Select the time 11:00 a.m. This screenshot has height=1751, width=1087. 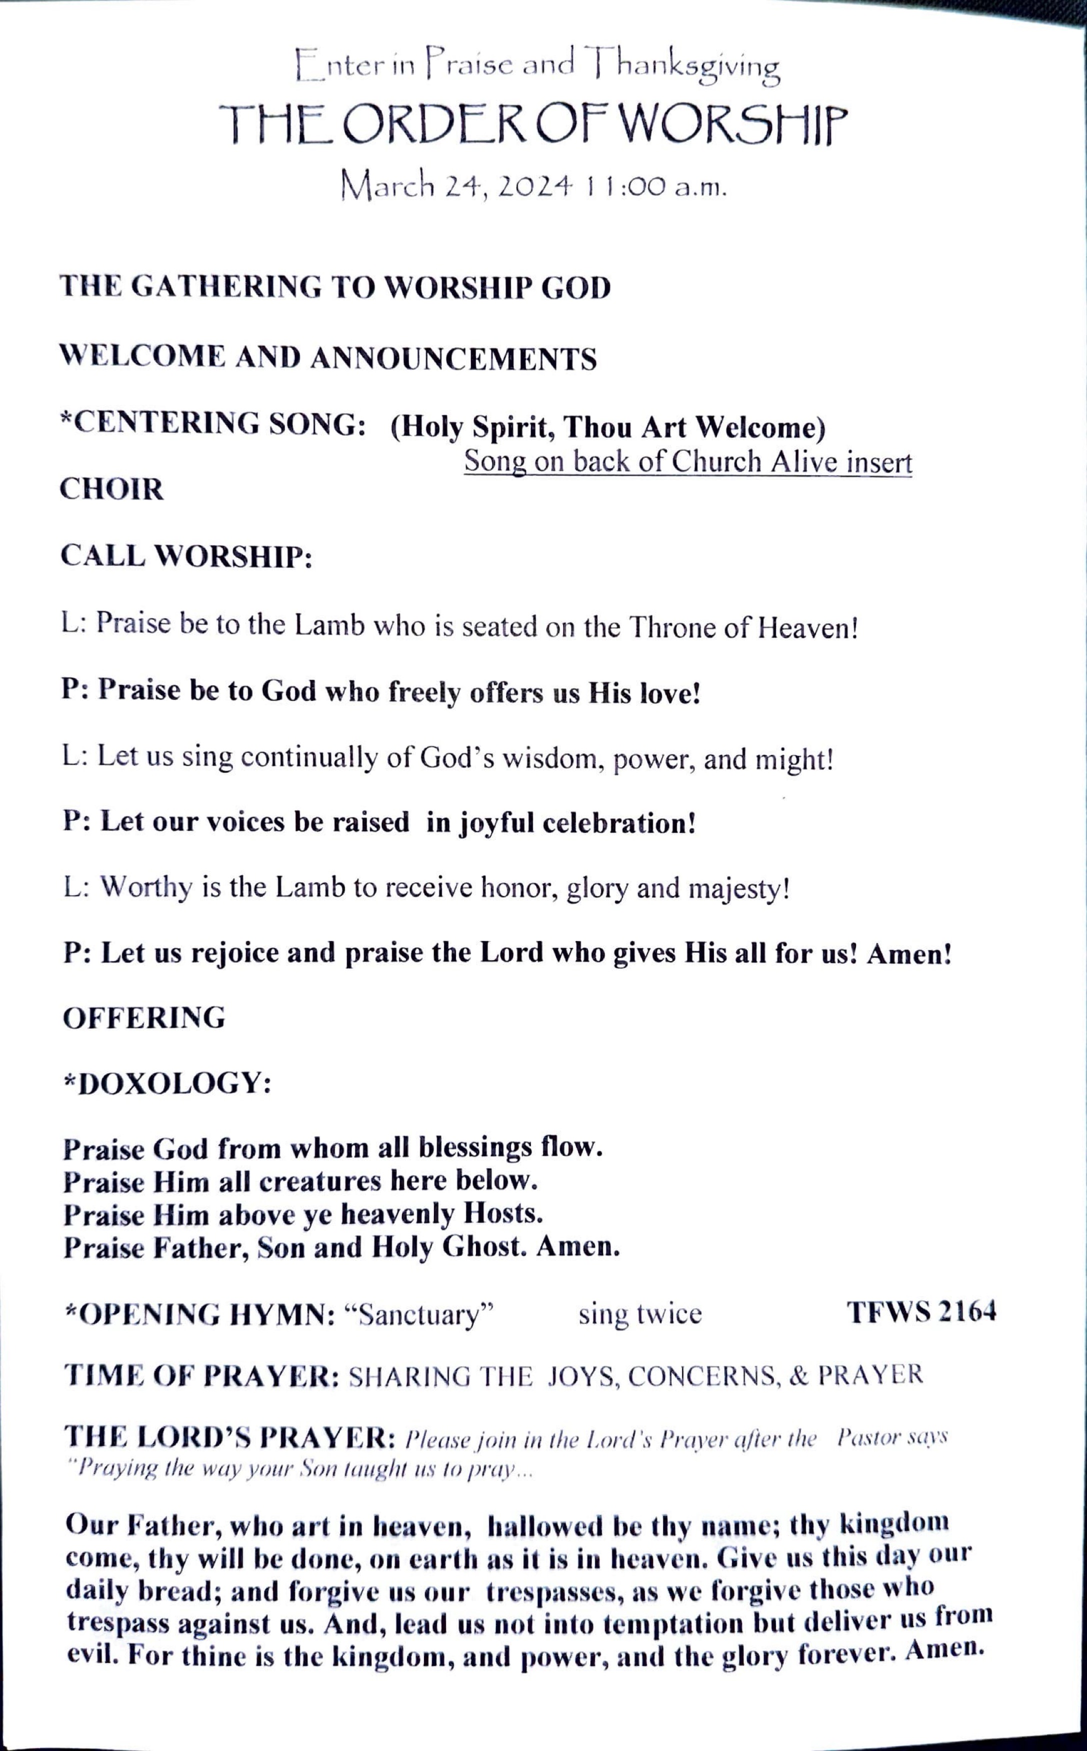655,188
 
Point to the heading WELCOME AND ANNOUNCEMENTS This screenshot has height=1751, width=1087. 328,357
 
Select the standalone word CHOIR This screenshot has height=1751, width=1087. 112,490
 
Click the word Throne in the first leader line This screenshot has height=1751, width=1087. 673,628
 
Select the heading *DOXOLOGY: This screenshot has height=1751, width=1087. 167,1084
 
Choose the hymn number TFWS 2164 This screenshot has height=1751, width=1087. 921,1312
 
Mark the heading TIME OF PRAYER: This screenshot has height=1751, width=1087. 202,1376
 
